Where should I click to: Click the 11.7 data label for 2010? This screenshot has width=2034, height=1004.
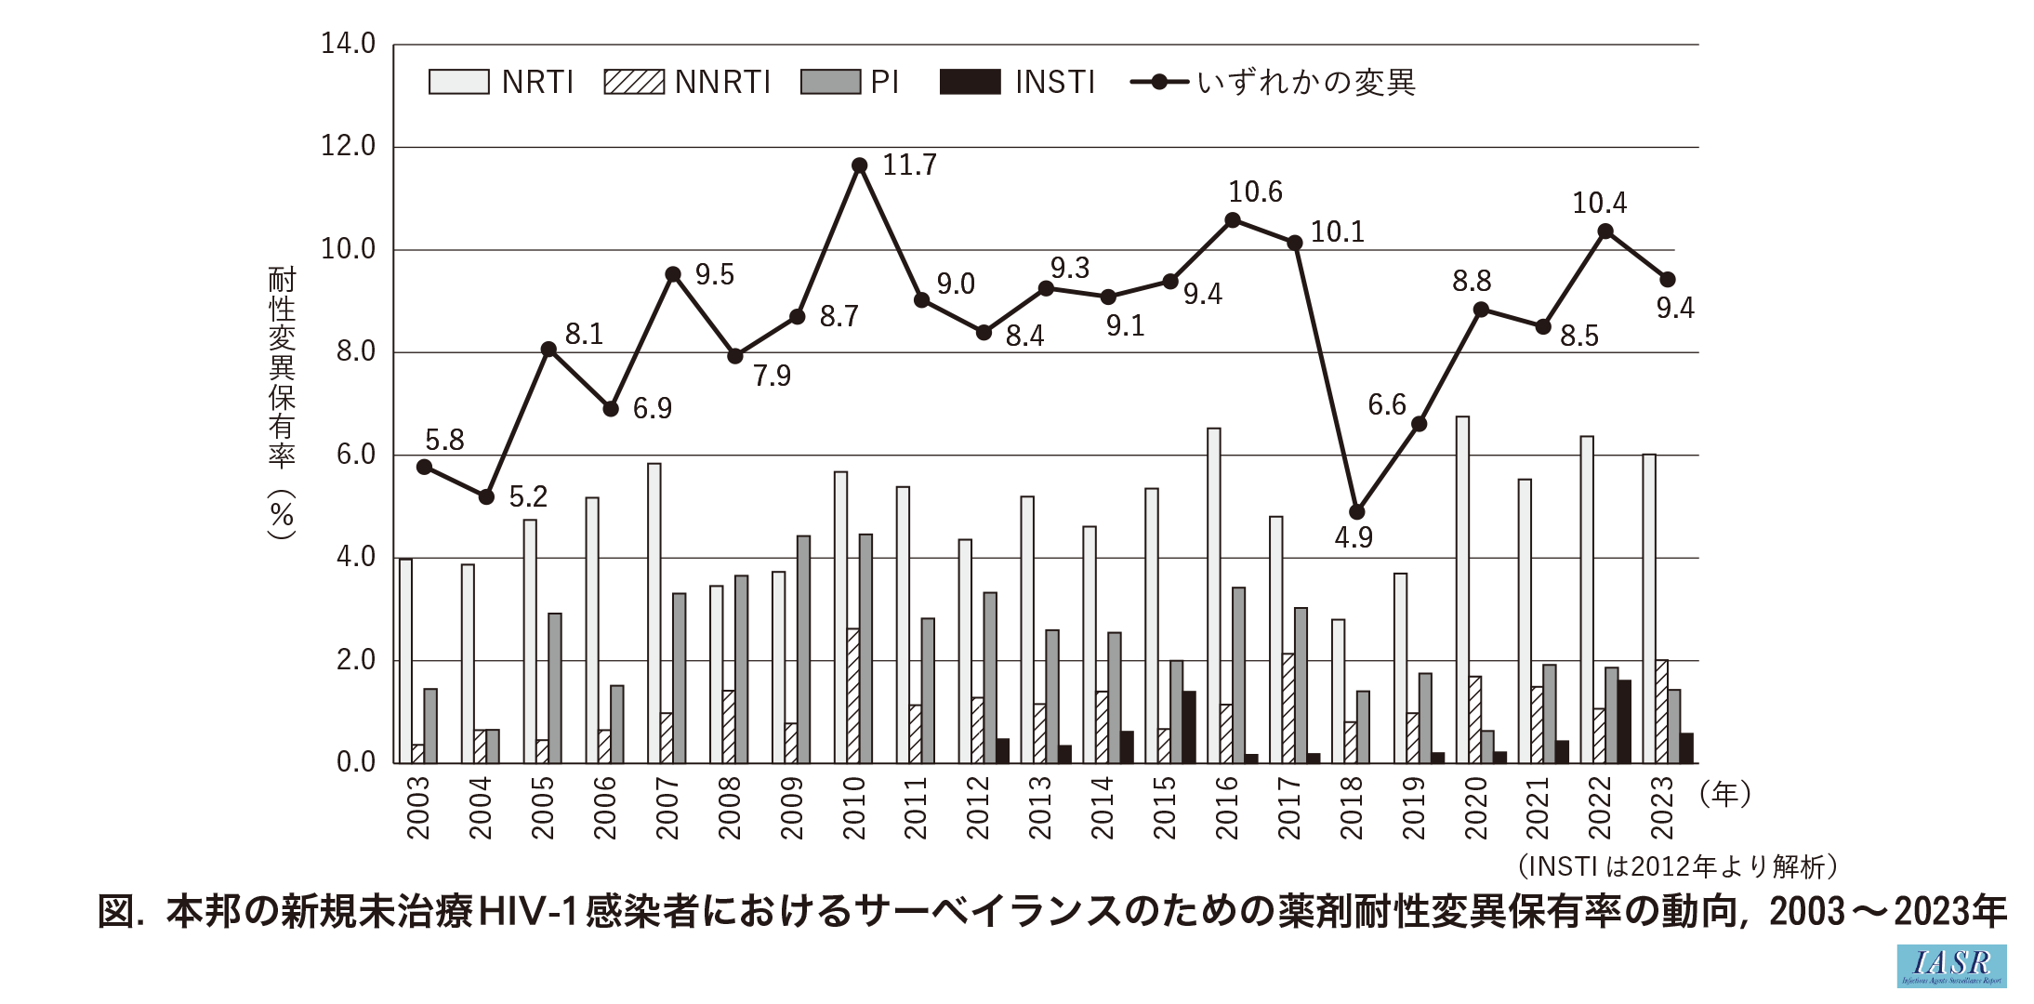[909, 165]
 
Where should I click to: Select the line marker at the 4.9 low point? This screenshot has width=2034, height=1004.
[1357, 512]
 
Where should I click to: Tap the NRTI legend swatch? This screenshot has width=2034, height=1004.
[458, 82]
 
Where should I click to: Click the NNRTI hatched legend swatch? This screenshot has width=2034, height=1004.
[634, 82]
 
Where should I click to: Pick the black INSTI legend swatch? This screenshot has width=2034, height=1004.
[970, 82]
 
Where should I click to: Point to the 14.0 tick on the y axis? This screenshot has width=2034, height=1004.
[348, 44]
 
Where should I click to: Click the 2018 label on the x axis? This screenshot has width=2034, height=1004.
[1351, 808]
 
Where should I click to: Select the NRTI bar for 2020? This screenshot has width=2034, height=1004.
[1462, 590]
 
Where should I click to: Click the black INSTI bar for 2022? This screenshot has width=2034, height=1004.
[1624, 721]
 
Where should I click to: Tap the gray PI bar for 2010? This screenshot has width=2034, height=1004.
[865, 649]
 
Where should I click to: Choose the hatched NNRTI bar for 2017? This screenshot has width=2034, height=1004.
[1288, 708]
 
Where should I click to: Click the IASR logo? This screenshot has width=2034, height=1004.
[1951, 966]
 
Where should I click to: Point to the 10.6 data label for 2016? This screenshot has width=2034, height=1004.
[1255, 192]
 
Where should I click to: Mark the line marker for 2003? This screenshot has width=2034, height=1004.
[425, 467]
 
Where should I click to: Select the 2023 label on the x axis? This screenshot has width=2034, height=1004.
[1662, 808]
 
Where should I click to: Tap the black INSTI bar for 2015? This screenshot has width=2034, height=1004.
[1189, 727]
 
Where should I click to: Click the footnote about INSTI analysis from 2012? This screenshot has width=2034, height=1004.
[1677, 866]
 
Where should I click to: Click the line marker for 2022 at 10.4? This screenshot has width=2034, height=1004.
[1605, 231]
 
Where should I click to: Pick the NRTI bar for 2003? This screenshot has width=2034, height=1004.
[406, 661]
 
